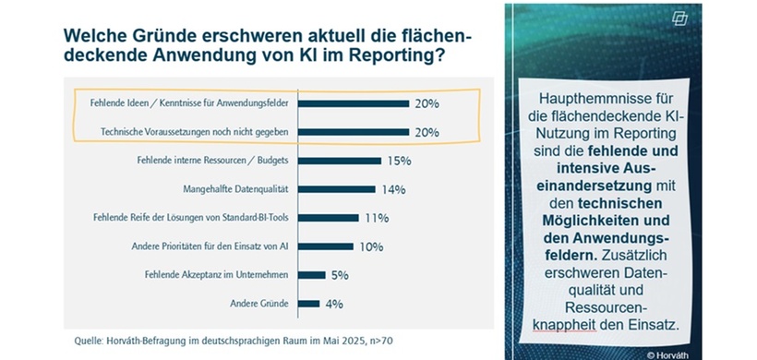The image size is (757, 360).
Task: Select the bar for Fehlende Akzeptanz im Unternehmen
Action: pyautogui.click(x=311, y=274)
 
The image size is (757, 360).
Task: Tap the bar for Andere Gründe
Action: pyautogui.click(x=308, y=303)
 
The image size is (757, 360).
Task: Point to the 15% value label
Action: pyautogui.click(x=399, y=161)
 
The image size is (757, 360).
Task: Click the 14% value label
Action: pyautogui.click(x=392, y=189)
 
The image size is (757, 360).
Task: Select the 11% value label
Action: pyautogui.click(x=376, y=218)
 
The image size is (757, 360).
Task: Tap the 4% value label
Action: pyautogui.click(x=335, y=303)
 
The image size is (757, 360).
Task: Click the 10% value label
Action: pyautogui.click(x=370, y=246)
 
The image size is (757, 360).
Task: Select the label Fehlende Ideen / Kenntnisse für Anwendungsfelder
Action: pyautogui.click(x=194, y=104)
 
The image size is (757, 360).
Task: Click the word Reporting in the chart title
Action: pyautogui.click(x=355, y=57)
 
